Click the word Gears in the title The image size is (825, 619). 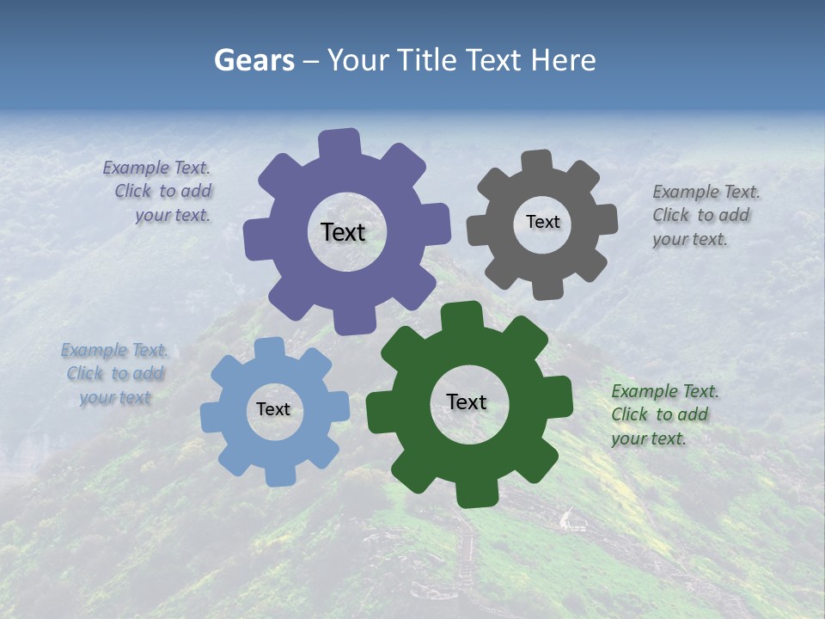(254, 60)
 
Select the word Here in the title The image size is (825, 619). (563, 60)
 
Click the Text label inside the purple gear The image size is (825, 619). (343, 232)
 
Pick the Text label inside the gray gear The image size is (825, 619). (542, 222)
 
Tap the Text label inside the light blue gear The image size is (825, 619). (273, 409)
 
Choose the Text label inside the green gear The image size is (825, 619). (467, 401)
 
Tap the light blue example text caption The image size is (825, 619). (114, 374)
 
